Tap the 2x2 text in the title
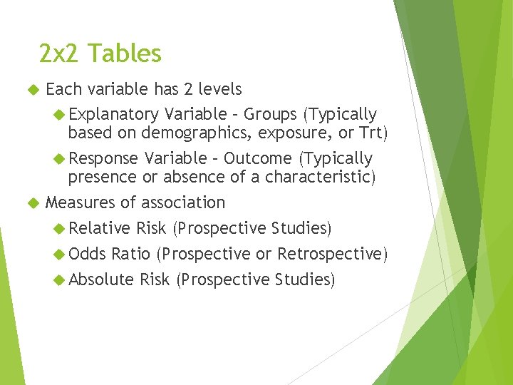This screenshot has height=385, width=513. click(61, 53)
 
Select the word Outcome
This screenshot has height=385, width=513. click(257, 158)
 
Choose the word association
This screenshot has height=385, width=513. click(183, 202)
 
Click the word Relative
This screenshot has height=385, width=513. click(100, 228)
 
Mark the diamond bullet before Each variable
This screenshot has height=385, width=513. click(31, 90)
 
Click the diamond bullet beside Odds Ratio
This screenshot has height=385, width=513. click(60, 254)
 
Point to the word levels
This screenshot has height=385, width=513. click(220, 89)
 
